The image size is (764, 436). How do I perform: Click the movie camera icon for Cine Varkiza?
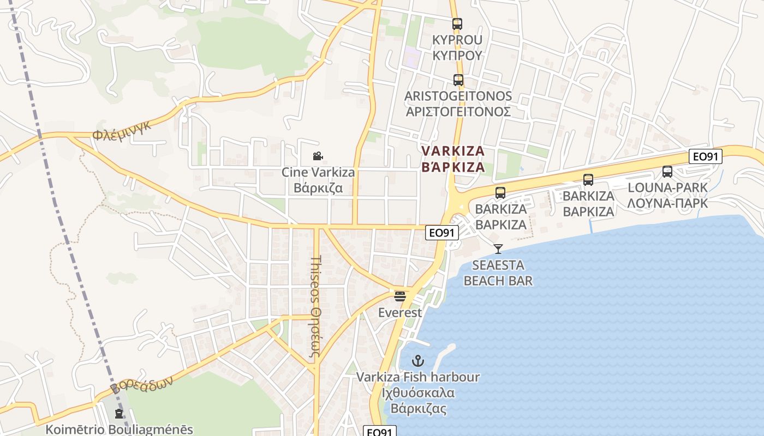pyautogui.click(x=318, y=156)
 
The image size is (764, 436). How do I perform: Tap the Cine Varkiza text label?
pyautogui.click(x=318, y=180)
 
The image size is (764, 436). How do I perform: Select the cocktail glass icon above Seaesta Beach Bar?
pyautogui.click(x=498, y=249)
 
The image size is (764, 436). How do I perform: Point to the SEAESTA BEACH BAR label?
pyautogui.click(x=498, y=273)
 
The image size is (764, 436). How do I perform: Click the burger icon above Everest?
pyautogui.click(x=400, y=296)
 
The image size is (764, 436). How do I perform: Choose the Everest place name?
pyautogui.click(x=400, y=313)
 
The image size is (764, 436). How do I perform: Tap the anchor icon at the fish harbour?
pyautogui.click(x=417, y=360)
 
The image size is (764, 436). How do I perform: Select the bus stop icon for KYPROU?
pyautogui.click(x=457, y=24)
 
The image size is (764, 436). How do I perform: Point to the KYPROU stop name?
pyautogui.click(x=457, y=47)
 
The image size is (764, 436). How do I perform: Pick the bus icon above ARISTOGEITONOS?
pyautogui.click(x=458, y=80)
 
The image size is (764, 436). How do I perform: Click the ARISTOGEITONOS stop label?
pyautogui.click(x=458, y=104)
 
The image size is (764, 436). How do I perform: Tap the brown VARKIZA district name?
pyautogui.click(x=453, y=159)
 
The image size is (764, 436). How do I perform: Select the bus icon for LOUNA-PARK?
pyautogui.click(x=667, y=172)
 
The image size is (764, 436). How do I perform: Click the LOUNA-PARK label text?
pyautogui.click(x=667, y=195)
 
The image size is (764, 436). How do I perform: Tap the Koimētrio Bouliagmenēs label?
pyautogui.click(x=119, y=429)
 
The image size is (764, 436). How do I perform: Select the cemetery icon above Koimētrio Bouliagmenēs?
pyautogui.click(x=119, y=414)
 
